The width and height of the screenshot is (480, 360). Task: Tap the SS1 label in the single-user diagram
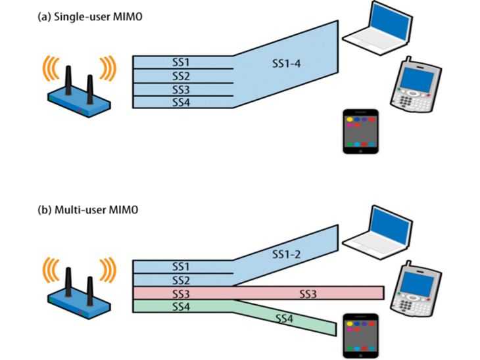tap(181, 62)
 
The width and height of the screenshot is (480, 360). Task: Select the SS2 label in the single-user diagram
tap(181, 76)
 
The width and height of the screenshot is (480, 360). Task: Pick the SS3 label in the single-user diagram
tap(181, 89)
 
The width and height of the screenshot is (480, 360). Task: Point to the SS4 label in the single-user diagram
tap(181, 102)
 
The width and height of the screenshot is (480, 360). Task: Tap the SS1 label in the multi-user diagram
tap(181, 267)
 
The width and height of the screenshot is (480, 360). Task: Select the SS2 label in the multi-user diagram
tap(181, 281)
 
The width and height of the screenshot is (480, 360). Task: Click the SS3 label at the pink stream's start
tap(181, 294)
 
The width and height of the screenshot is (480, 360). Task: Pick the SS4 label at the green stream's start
tap(181, 307)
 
